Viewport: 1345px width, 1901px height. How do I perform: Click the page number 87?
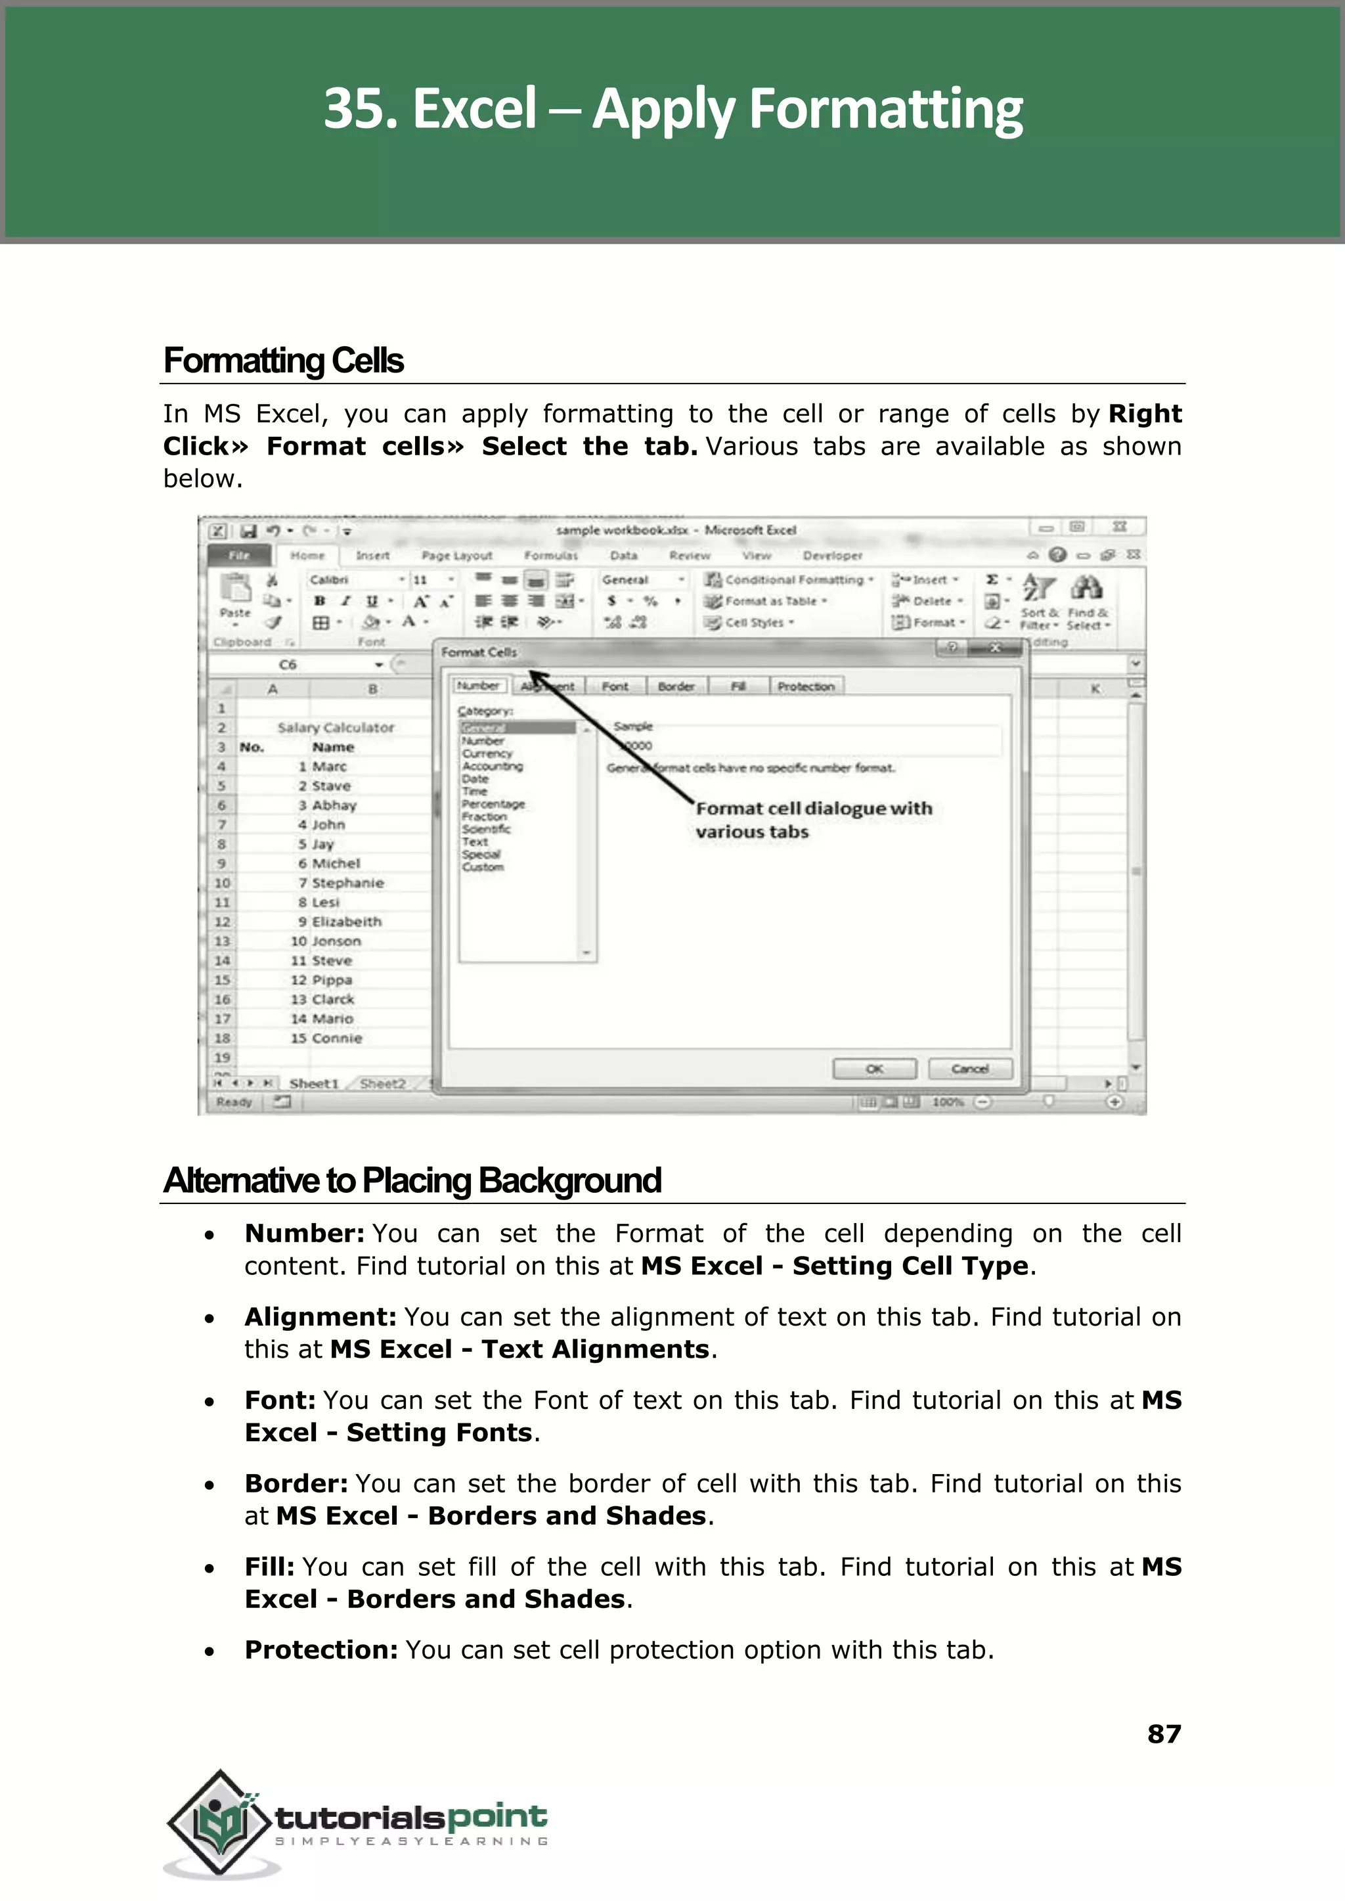point(1163,1733)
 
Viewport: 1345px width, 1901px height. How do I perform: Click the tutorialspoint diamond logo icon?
point(219,1822)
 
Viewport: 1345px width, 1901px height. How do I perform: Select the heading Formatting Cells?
point(283,361)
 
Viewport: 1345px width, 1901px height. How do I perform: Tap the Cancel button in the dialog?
point(970,1069)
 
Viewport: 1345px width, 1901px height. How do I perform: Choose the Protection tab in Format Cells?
point(805,686)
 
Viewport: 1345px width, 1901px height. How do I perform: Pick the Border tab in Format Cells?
point(676,686)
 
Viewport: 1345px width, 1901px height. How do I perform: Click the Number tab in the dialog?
point(478,686)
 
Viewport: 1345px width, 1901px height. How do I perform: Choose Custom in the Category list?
point(483,867)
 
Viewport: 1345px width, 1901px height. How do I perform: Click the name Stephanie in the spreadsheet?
point(348,883)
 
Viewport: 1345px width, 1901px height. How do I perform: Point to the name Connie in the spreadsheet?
point(337,1038)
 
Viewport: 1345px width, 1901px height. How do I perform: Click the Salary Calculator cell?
point(336,727)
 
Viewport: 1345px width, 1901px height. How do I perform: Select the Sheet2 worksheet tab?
point(383,1083)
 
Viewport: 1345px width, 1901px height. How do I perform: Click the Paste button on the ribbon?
point(235,596)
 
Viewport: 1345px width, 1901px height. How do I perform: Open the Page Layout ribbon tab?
point(456,556)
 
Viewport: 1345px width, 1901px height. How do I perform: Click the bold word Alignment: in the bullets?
point(320,1317)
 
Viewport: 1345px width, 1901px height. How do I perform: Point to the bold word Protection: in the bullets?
point(321,1650)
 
